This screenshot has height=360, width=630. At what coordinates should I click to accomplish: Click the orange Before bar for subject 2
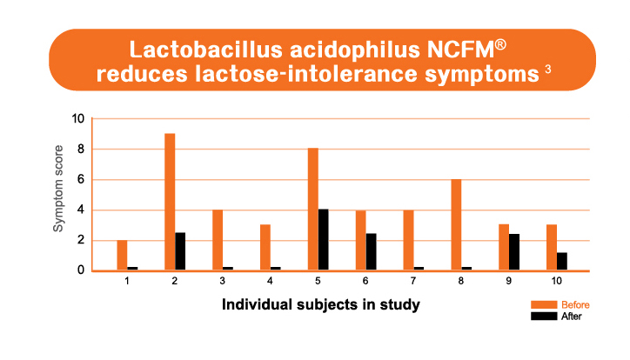pos(170,202)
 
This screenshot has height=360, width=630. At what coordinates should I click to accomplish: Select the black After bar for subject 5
pos(324,240)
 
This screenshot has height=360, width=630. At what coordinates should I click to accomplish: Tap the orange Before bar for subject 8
pos(456,224)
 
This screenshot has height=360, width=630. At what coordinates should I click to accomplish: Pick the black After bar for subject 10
pos(562,261)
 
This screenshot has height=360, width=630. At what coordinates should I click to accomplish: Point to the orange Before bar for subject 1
pos(122,256)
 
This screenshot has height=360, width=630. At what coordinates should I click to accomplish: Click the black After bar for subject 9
pos(514,252)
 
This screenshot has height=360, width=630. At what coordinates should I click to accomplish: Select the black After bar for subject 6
pos(372,251)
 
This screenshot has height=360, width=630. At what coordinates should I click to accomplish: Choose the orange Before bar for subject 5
pos(313,209)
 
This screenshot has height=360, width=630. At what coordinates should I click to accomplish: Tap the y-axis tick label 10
pos(78,119)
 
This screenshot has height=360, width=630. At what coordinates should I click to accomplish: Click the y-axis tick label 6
pos(81,179)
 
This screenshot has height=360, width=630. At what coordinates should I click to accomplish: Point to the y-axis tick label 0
pos(81,270)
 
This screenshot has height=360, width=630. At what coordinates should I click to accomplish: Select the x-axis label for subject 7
pos(413,281)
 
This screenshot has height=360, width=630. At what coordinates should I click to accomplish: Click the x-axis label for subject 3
pos(222,281)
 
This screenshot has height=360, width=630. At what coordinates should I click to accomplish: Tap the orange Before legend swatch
pos(544,304)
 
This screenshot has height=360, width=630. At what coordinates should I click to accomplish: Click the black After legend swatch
pos(544,317)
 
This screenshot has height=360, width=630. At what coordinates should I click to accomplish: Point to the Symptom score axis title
pos(58,189)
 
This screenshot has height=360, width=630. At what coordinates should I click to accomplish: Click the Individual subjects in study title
pos(320,304)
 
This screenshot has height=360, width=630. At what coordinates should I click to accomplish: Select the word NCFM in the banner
pos(460,50)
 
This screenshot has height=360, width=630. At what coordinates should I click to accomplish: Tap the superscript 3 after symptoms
pos(547,70)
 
